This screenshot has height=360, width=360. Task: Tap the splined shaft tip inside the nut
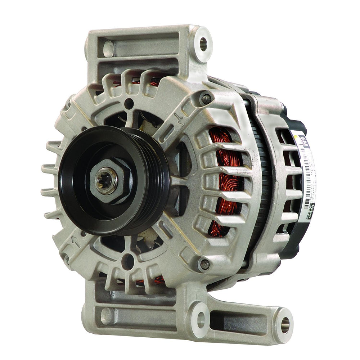(106, 181)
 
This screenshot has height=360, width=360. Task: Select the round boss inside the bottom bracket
(107, 315)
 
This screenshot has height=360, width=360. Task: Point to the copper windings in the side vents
(223, 180)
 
